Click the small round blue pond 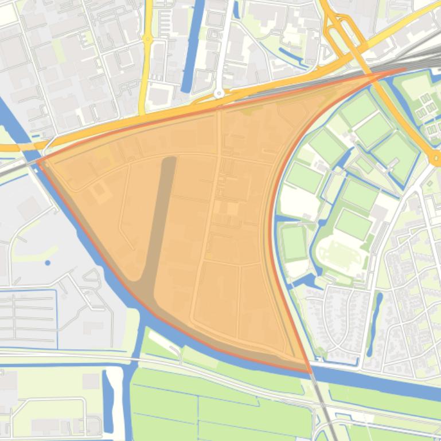point(47,263)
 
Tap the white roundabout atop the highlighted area point(218,93)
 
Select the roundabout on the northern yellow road point(149,40)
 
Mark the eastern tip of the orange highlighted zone point(405,69)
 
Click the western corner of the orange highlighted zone point(38,162)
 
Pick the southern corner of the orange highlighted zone point(310,372)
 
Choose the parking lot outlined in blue point(29,318)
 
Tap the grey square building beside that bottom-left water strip point(91,381)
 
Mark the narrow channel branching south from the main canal point(137,344)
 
